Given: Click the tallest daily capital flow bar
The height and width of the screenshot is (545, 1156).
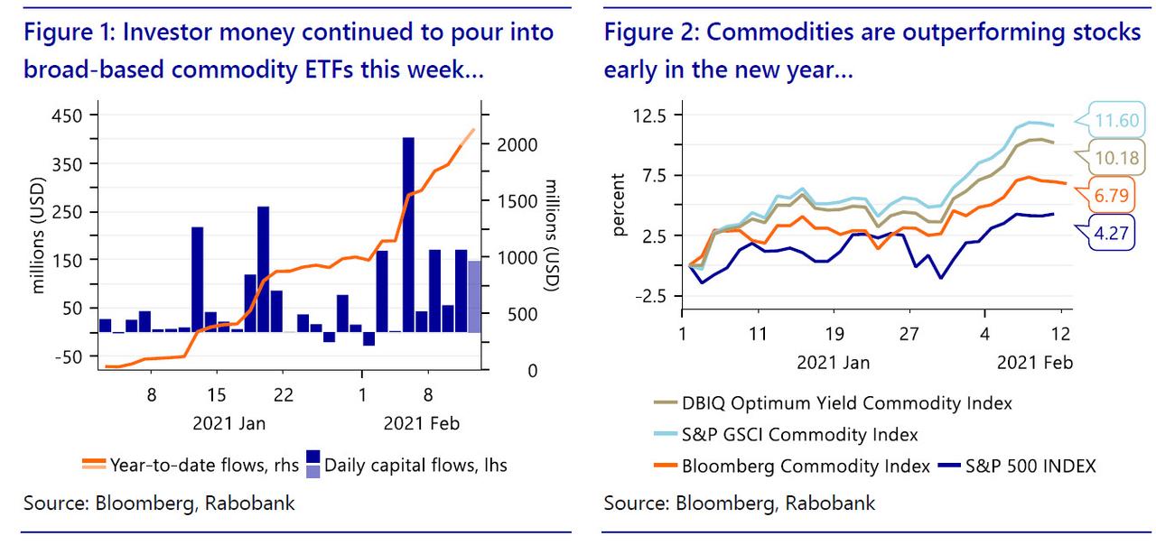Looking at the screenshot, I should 408,235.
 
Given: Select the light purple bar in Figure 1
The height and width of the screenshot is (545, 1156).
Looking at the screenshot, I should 473,296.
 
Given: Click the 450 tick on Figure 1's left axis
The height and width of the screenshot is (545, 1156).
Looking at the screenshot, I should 69,115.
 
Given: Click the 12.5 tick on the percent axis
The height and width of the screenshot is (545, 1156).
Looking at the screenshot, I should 650,115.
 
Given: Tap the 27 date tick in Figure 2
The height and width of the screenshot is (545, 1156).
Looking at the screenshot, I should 909,333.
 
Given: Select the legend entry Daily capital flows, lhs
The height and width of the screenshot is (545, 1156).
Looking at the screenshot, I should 415,465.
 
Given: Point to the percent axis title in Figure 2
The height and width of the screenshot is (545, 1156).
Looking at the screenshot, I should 619,206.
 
